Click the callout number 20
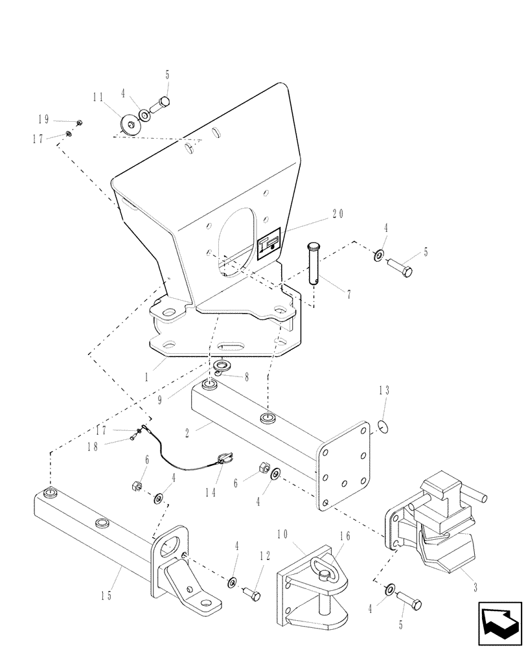[x=337, y=213]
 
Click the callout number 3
[x=475, y=588]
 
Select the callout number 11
[x=98, y=98]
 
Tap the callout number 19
[x=43, y=119]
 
